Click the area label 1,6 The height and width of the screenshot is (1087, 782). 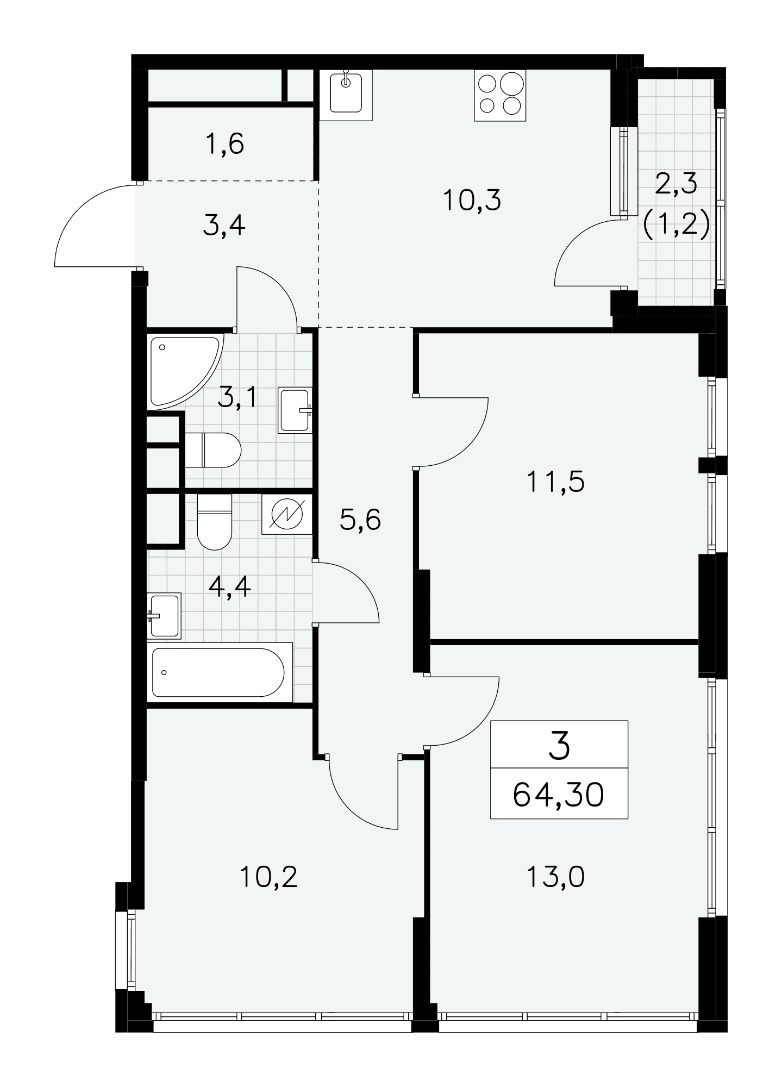[225, 145]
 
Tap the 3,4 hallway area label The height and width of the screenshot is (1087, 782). [224, 226]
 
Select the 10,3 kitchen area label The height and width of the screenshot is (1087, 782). [472, 201]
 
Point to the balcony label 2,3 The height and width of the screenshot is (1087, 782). [676, 184]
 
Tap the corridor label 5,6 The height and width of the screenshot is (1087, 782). [360, 520]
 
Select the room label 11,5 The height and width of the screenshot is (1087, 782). [555, 482]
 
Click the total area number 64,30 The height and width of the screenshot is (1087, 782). [559, 796]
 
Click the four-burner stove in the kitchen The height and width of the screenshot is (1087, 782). [500, 95]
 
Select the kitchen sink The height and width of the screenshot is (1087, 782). [346, 95]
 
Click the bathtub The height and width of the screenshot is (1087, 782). [220, 672]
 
